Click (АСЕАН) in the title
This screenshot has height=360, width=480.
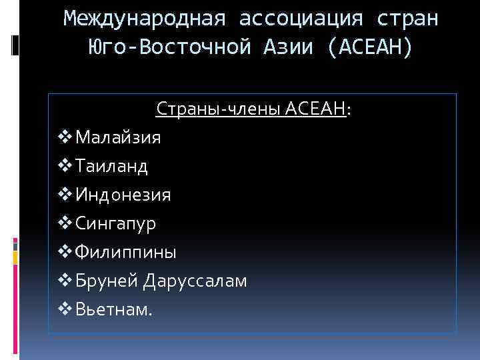(371, 47)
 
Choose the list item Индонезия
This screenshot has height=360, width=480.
(123, 195)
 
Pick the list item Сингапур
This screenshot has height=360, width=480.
(116, 223)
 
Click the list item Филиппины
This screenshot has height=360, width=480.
(126, 252)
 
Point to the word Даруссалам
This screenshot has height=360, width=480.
(195, 281)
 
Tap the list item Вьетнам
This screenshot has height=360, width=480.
(113, 309)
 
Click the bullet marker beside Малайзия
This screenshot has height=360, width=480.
(65, 137)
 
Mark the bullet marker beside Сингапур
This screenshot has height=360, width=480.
(65, 223)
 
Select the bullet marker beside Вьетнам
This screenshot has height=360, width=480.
(65, 309)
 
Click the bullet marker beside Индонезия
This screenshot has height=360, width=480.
(65, 195)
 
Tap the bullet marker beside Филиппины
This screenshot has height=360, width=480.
(65, 252)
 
